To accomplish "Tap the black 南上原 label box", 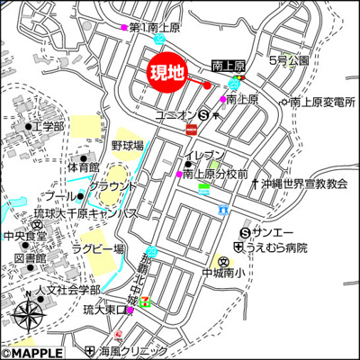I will (x=229, y=66).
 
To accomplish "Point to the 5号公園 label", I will (x=288, y=60).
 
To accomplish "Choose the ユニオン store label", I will (x=175, y=115).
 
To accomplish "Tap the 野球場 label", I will (x=128, y=144).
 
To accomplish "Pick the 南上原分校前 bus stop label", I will (x=215, y=173).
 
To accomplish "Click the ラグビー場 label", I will (x=98, y=248).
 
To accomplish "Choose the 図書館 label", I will (x=31, y=257).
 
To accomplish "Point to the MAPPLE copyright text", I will (x=33, y=353).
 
